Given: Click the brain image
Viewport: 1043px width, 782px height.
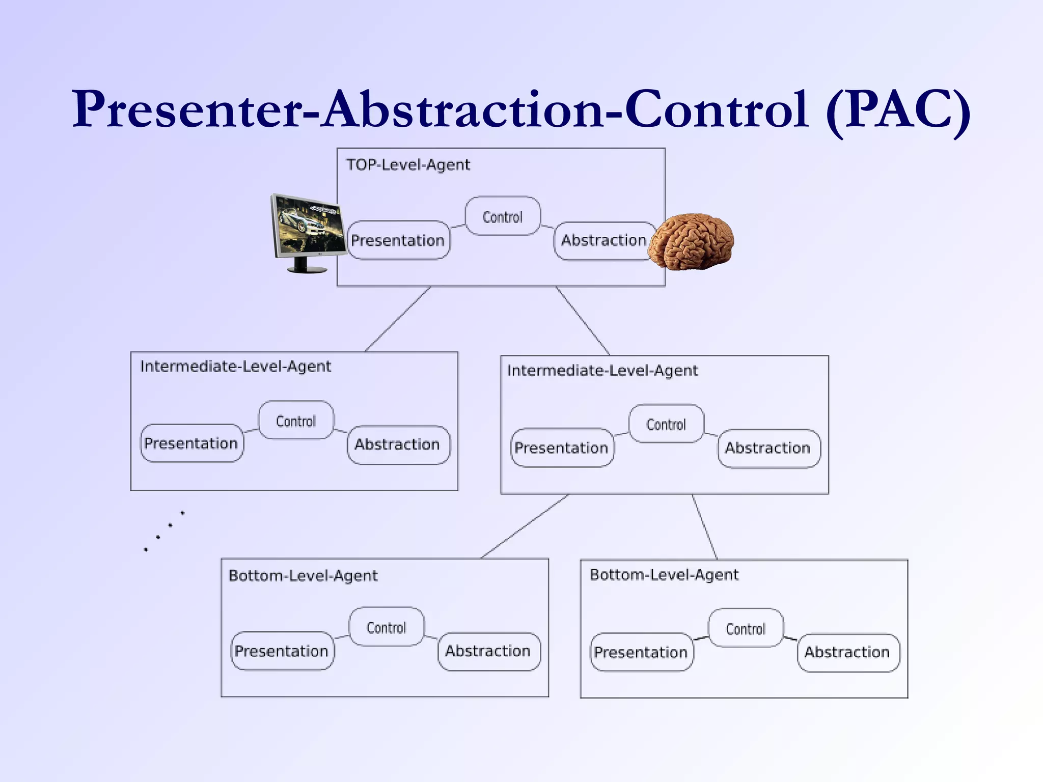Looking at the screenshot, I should click(694, 241).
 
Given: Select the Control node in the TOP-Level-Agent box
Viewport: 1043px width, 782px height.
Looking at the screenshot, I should click(503, 216).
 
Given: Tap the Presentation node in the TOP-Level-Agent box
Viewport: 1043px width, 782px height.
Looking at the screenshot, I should click(398, 240).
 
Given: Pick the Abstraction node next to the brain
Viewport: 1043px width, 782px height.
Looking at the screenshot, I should click(603, 240).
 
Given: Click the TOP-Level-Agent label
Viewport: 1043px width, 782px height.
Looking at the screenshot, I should click(408, 165).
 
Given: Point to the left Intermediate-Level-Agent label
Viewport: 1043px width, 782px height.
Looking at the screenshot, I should click(235, 367).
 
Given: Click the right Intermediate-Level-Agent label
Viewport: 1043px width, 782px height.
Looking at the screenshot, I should click(602, 371).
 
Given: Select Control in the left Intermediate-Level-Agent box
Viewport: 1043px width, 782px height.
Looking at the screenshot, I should click(296, 421).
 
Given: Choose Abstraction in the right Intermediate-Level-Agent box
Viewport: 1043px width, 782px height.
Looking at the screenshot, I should click(768, 448).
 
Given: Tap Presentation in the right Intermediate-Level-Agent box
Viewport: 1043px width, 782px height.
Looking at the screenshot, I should click(562, 448).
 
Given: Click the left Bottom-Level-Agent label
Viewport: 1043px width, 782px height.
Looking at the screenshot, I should click(303, 576).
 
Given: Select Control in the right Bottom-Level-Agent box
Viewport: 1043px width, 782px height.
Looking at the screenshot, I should click(746, 629).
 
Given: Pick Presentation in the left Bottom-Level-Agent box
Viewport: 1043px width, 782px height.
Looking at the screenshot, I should click(282, 651).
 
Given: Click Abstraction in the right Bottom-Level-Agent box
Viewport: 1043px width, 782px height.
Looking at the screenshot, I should click(847, 652).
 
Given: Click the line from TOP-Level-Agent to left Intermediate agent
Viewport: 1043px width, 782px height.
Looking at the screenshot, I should click(398, 319).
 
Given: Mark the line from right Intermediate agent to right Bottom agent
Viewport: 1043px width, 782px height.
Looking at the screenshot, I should click(705, 527).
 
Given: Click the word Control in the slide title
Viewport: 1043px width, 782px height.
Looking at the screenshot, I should click(716, 109).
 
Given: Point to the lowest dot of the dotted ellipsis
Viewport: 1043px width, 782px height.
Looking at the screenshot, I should click(146, 550).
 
